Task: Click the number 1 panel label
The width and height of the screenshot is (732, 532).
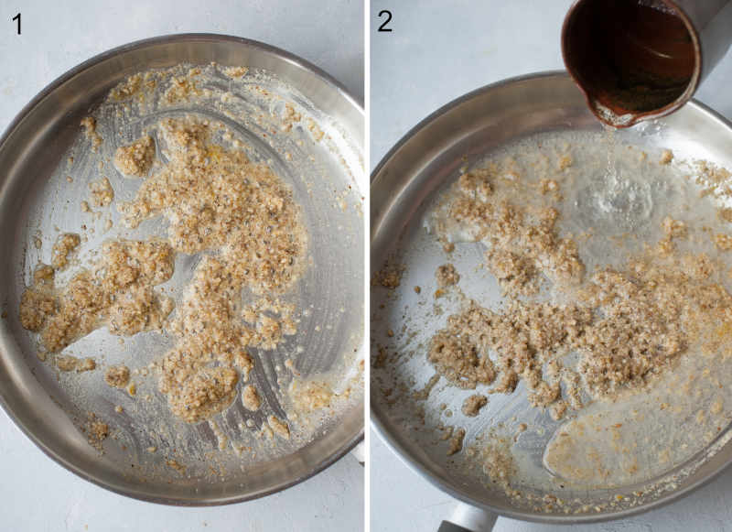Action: click(x=16, y=24)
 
